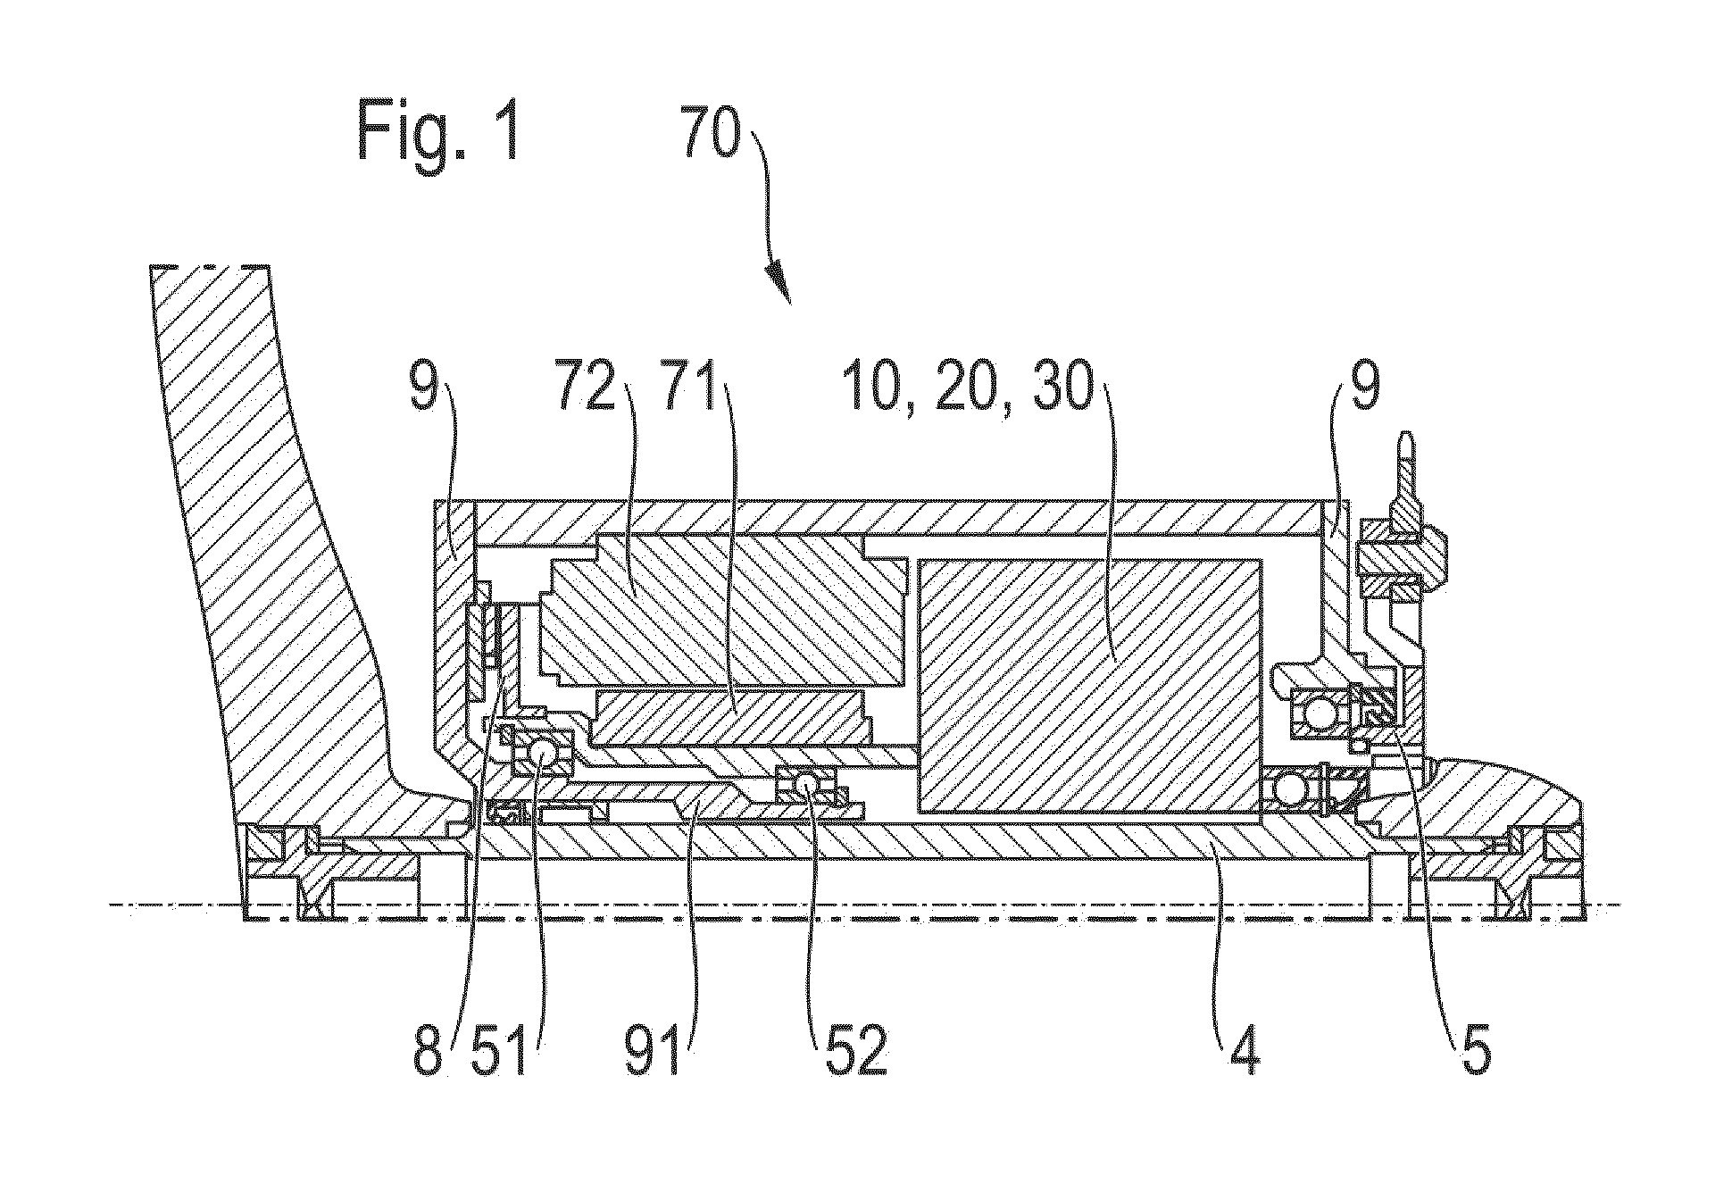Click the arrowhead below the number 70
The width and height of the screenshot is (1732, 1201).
coord(779,284)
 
